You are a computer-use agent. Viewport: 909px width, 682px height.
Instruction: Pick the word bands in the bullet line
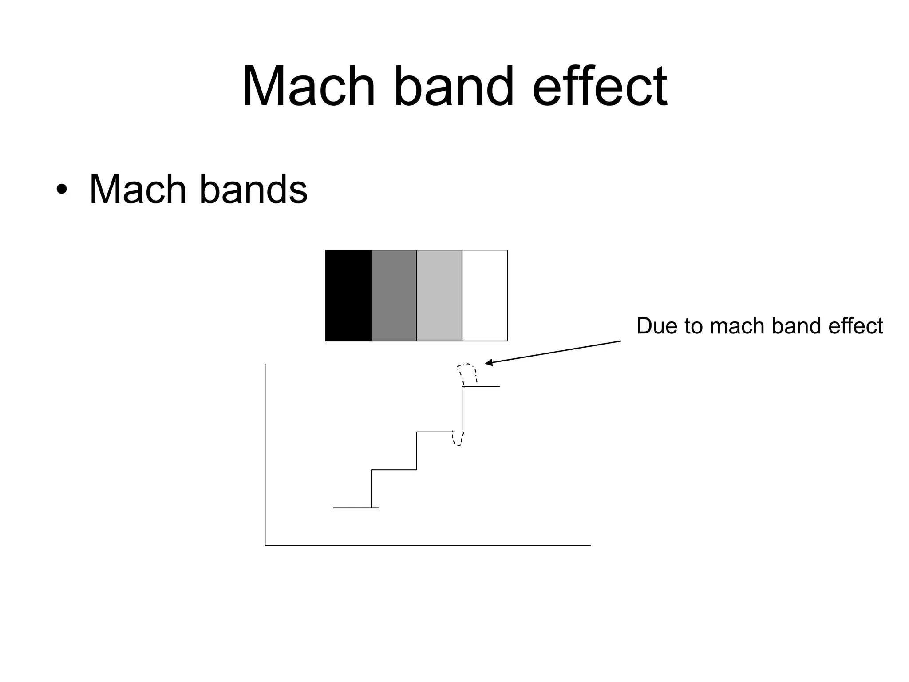[253, 190]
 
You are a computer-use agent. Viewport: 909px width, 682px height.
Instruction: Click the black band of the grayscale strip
[348, 295]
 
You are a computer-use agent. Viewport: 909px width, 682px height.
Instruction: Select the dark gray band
[394, 295]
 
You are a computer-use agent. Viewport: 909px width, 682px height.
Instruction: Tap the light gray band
[439, 295]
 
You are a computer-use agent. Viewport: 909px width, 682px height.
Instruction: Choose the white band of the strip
[485, 295]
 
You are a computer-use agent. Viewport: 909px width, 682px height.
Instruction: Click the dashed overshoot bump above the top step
[467, 372]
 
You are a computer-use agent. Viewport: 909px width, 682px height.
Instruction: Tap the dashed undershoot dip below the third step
[458, 440]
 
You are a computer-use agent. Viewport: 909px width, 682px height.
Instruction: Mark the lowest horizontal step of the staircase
[356, 507]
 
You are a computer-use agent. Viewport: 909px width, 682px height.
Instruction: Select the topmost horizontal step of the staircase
[481, 386]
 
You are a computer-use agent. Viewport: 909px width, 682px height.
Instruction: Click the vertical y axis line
[265, 453]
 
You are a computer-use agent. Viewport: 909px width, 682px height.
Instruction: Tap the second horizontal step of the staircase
[394, 469]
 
